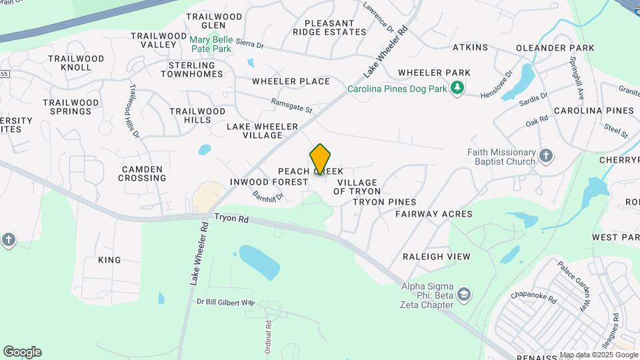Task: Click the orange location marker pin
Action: (x=321, y=159)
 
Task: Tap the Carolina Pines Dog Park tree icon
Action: (x=457, y=88)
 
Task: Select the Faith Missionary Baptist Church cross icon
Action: (x=546, y=156)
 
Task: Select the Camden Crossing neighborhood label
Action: (x=143, y=173)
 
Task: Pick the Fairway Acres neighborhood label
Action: (x=433, y=214)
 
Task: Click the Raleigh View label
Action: (x=436, y=257)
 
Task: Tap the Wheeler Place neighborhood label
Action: (x=291, y=81)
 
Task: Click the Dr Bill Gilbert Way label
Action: (x=226, y=302)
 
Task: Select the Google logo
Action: (x=22, y=352)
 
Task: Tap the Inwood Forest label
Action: (x=269, y=182)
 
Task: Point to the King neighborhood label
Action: (x=109, y=260)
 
